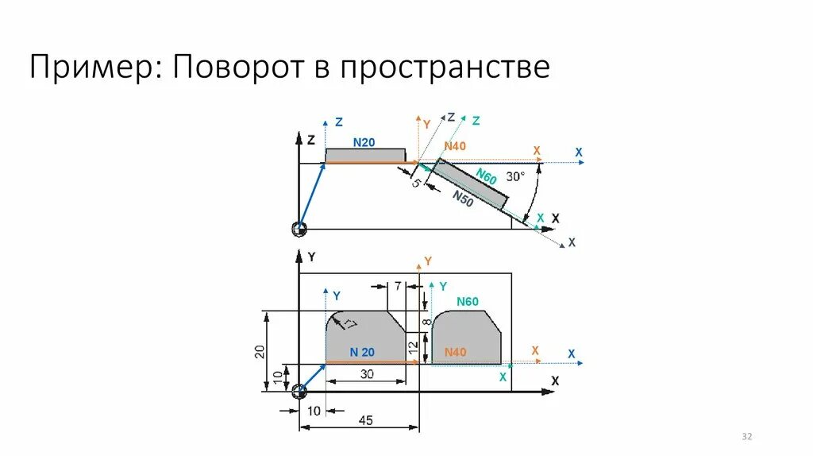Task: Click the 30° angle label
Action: pyautogui.click(x=516, y=176)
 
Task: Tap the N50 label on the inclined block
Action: pyautogui.click(x=464, y=199)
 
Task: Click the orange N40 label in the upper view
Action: pyautogui.click(x=455, y=146)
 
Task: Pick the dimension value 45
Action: pyautogui.click(x=365, y=420)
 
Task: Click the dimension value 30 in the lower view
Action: pyautogui.click(x=367, y=373)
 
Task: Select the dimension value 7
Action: pyautogui.click(x=398, y=285)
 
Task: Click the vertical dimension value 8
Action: pyautogui.click(x=426, y=322)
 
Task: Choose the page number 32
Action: pyautogui.click(x=746, y=437)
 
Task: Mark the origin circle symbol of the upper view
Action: pyautogui.click(x=299, y=229)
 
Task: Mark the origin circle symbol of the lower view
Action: pyautogui.click(x=299, y=392)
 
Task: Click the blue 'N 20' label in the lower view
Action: pyautogui.click(x=362, y=352)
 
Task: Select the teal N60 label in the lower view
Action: pyautogui.click(x=468, y=301)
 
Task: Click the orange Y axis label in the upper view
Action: pyautogui.click(x=426, y=124)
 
